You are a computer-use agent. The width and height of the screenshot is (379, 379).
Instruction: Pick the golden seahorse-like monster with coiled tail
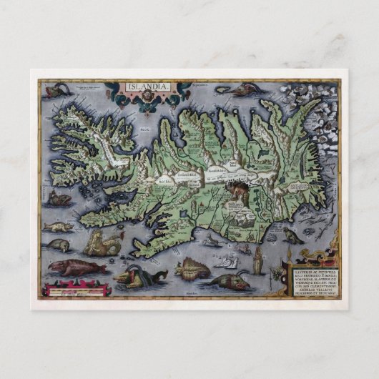point(101,246)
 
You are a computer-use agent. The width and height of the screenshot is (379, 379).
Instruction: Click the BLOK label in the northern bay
point(145,130)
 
